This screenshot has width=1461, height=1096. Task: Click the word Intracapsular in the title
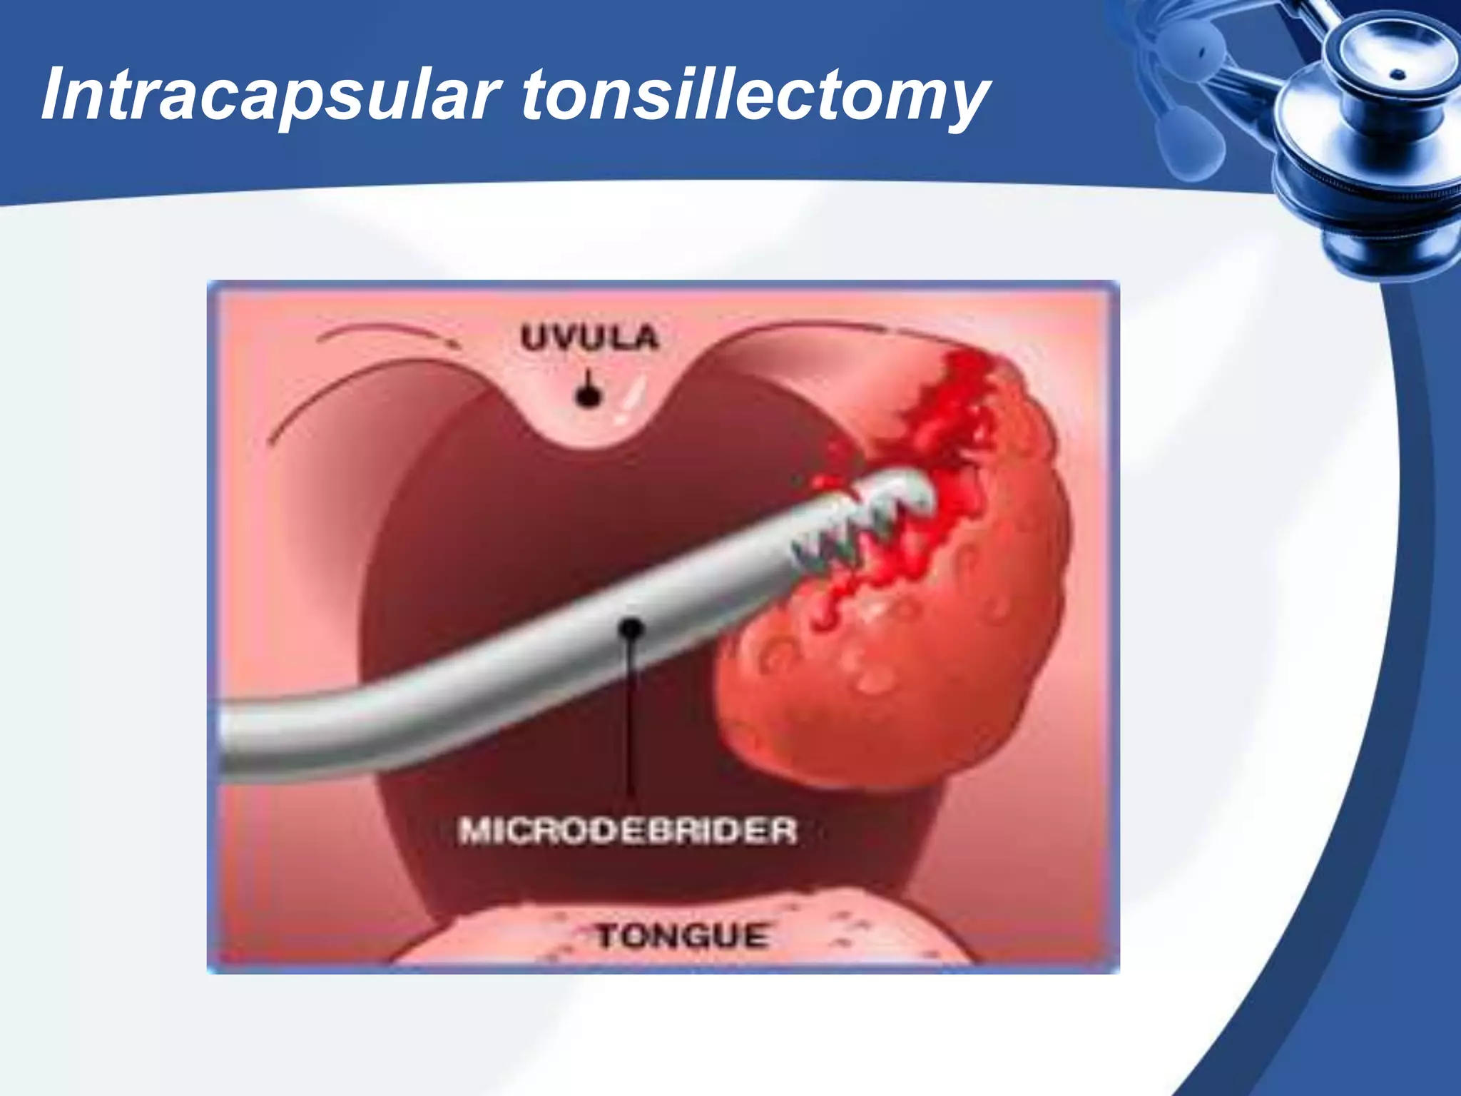268,95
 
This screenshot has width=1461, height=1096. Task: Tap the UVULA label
589,338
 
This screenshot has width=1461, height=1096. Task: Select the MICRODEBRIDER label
627,831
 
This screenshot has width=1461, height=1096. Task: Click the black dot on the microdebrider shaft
631,629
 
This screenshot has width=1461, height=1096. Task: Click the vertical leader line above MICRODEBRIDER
630,721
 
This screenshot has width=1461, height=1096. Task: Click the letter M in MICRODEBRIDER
474,831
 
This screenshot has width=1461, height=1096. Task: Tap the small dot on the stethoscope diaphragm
1399,74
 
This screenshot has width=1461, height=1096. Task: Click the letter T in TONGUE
607,936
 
